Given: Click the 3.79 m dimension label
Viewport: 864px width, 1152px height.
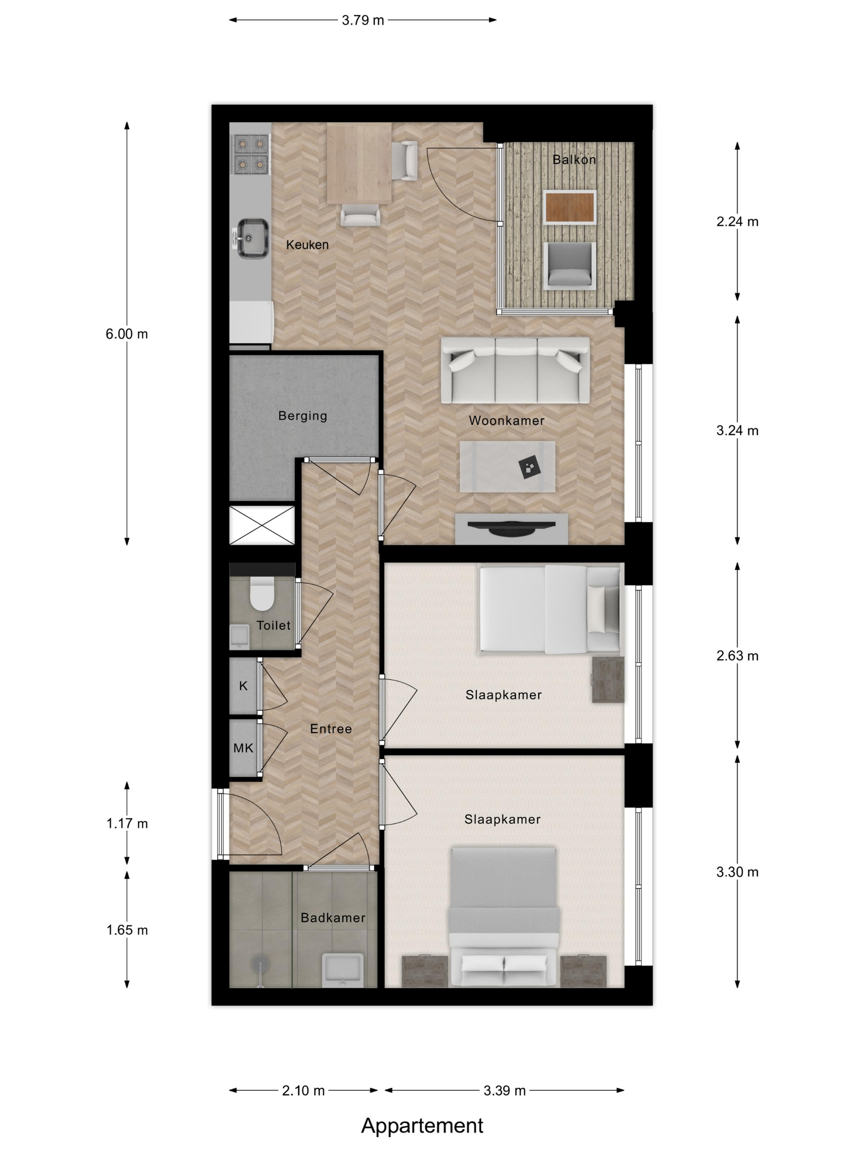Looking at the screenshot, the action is [x=362, y=20].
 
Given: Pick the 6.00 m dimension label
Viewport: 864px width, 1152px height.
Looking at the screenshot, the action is [x=127, y=334].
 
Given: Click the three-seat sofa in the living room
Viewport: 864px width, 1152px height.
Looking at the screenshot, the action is [x=515, y=370].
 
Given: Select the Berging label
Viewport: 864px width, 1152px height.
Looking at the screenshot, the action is [x=302, y=416].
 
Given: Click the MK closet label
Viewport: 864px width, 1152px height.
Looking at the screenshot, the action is [x=243, y=748].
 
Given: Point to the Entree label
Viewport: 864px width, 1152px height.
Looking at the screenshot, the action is [x=331, y=729].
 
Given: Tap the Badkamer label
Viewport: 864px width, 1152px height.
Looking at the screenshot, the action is [x=333, y=917].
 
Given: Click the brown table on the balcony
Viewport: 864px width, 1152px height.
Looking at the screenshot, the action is [x=570, y=207].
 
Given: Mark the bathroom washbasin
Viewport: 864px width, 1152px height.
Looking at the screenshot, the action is [x=342, y=970].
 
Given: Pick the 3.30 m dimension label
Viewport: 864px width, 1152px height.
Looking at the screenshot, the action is [x=737, y=872].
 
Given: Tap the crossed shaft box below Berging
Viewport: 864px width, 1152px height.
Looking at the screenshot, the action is [x=262, y=525].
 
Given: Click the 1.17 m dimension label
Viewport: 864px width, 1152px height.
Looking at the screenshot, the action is [x=127, y=823].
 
